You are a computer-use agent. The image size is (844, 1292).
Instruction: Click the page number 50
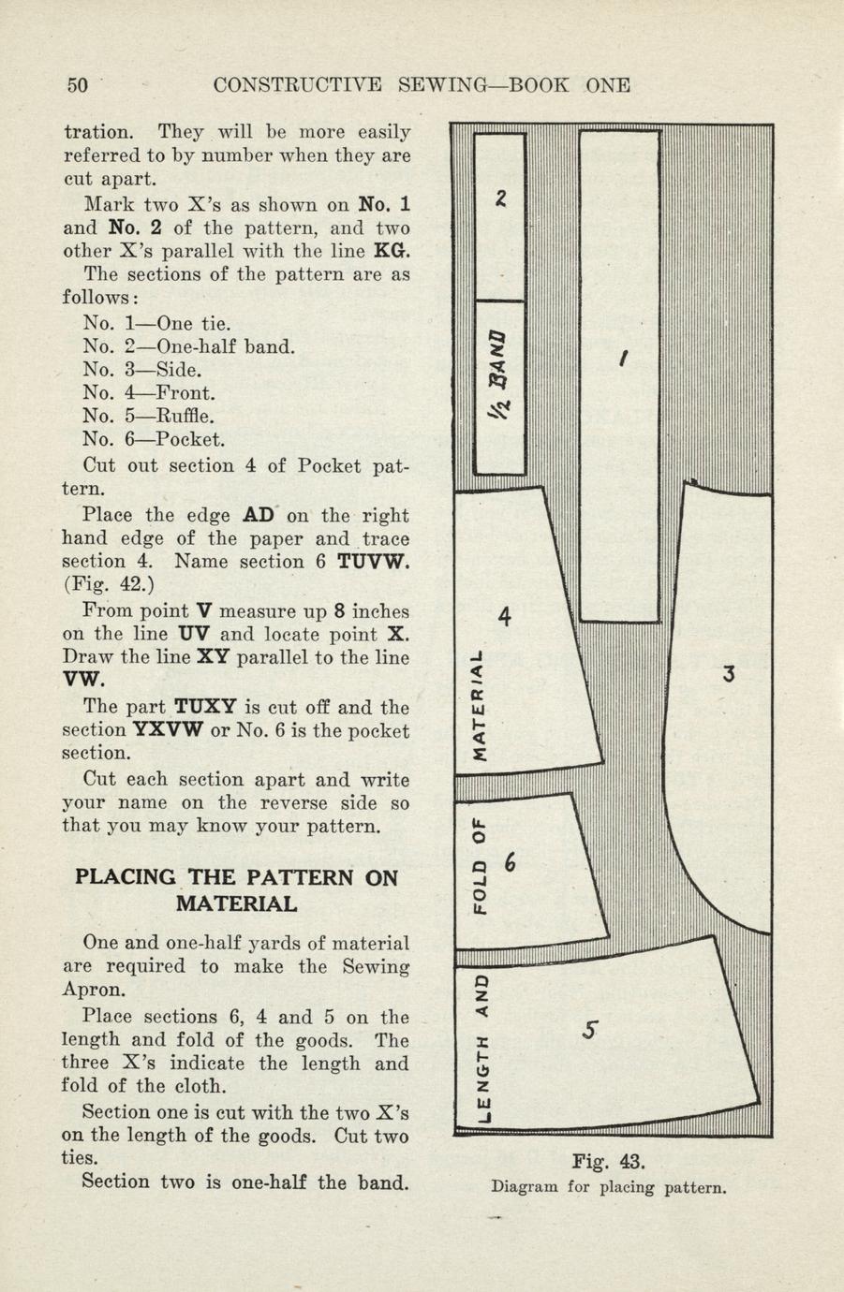[77, 85]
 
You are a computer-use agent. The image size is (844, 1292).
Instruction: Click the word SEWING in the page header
[439, 85]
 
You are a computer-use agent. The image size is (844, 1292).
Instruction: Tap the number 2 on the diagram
[502, 198]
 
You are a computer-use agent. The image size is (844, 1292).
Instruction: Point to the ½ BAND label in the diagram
[501, 374]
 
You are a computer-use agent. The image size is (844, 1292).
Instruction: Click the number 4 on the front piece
[505, 617]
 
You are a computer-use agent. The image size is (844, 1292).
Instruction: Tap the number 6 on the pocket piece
[511, 863]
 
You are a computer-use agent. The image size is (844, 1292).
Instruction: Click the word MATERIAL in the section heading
[237, 904]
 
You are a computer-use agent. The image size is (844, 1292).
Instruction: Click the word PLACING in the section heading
[125, 878]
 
